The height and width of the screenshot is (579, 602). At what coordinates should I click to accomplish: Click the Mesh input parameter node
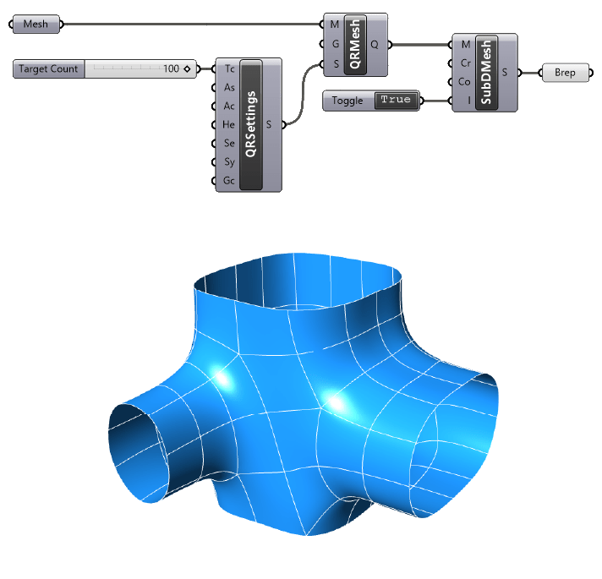36,25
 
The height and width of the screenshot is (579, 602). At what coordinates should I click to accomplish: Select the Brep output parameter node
564,73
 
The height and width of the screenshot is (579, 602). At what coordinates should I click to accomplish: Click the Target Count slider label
49,69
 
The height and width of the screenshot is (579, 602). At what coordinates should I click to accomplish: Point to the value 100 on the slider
171,69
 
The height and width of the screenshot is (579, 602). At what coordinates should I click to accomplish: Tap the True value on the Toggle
395,101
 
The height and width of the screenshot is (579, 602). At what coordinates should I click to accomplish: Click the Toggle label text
348,101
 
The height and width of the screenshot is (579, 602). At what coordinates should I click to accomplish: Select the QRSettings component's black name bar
251,125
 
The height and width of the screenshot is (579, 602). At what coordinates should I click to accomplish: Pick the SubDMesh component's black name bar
484,73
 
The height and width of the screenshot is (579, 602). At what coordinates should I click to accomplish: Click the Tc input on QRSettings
229,69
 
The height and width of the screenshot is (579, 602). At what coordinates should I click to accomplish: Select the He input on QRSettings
229,125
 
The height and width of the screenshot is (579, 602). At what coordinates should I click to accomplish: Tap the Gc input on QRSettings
229,181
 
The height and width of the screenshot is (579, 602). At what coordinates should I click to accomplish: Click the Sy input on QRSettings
229,162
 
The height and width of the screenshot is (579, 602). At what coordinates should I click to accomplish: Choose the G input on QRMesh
335,44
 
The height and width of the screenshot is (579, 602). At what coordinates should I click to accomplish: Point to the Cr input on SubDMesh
464,63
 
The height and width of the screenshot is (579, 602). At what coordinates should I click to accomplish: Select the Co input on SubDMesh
464,82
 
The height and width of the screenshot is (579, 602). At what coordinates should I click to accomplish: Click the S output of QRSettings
269,125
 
